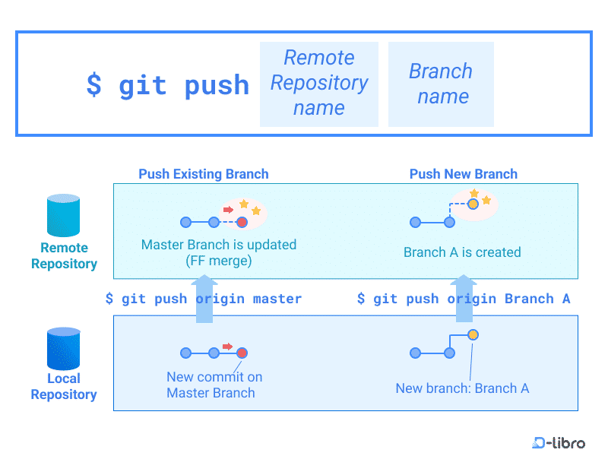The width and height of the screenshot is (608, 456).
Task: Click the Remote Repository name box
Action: (x=318, y=84)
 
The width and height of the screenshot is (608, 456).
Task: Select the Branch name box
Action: (x=441, y=84)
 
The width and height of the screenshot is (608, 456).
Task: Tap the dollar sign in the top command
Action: (x=93, y=84)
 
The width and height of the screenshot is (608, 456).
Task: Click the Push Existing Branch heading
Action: (x=204, y=174)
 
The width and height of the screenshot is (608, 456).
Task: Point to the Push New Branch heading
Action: (x=464, y=174)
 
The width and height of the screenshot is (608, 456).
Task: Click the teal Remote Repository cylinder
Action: (x=63, y=215)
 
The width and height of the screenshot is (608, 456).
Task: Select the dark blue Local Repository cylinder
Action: (x=63, y=349)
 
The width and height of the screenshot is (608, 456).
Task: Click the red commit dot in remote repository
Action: (x=242, y=222)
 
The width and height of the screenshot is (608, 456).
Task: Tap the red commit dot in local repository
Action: (x=242, y=353)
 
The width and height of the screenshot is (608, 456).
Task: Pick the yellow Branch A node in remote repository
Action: (x=473, y=204)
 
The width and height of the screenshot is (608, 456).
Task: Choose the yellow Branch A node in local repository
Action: (x=473, y=334)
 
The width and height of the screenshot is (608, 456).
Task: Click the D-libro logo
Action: (x=559, y=442)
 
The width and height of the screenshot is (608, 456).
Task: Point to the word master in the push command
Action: (x=277, y=299)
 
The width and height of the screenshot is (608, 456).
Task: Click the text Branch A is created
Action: (x=462, y=252)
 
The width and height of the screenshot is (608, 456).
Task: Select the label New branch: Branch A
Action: (x=462, y=388)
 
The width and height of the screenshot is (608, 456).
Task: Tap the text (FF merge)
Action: (x=219, y=261)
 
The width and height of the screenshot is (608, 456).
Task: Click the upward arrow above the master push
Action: (x=204, y=299)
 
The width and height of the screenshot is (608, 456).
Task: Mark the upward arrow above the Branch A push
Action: (x=464, y=298)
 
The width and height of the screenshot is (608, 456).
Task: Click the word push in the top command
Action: (x=217, y=86)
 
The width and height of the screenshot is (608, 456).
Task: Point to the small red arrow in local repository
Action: (x=227, y=347)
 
